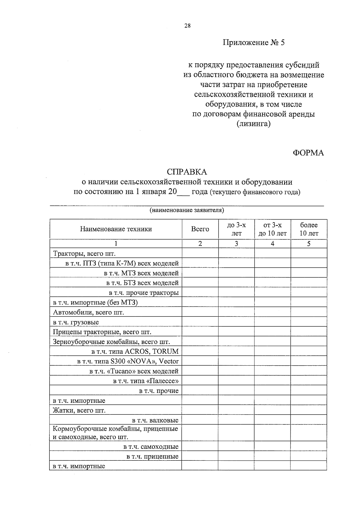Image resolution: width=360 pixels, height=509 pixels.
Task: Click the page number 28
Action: pos(187,26)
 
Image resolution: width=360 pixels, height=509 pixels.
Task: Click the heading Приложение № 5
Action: pos(253,43)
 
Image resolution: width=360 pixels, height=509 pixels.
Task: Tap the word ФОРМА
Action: pos(308,153)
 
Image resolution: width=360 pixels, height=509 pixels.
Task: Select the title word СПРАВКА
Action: pos(187,172)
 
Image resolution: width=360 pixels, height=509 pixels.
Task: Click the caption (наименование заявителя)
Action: pos(187,210)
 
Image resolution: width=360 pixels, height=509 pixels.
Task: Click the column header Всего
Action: pos(200,229)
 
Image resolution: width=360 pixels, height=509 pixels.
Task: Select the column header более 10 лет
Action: pos(309,229)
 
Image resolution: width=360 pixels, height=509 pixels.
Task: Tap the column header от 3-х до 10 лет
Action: pos(272,229)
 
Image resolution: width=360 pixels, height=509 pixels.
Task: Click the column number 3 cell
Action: pos(236,244)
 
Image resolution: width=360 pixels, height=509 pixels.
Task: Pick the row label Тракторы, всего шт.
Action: pos(84,254)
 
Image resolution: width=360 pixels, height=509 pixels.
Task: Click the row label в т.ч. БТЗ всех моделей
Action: pos(142,283)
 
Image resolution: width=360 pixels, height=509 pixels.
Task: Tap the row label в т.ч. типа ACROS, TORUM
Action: pos(135,352)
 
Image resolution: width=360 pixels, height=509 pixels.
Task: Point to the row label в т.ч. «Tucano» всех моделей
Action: pos(134,371)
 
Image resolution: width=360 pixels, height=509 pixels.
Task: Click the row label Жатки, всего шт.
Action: pos(79,410)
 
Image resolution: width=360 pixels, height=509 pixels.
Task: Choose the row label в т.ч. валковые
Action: pos(155,420)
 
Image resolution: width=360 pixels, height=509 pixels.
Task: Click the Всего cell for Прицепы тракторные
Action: pos(200,332)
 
